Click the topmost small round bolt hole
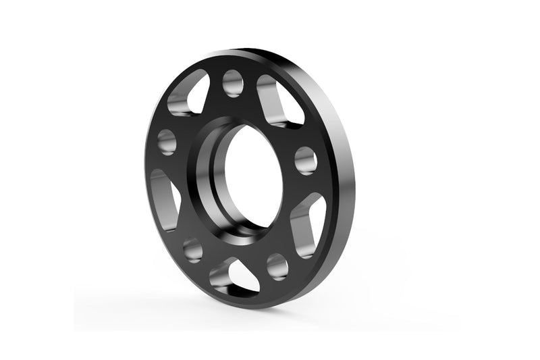pyautogui.click(x=232, y=82)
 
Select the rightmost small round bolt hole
pyautogui.click(x=306, y=160)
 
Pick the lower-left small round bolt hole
pyautogui.click(x=193, y=250)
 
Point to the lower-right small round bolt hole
pyautogui.click(x=277, y=266)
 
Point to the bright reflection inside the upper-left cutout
pyautogui.click(x=182, y=101)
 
